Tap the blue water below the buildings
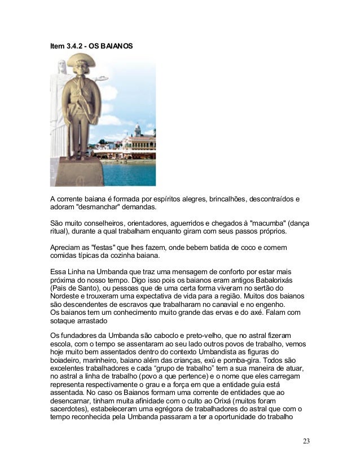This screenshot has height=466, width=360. [x=130, y=172]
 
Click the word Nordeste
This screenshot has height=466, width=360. [x=66, y=297]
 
